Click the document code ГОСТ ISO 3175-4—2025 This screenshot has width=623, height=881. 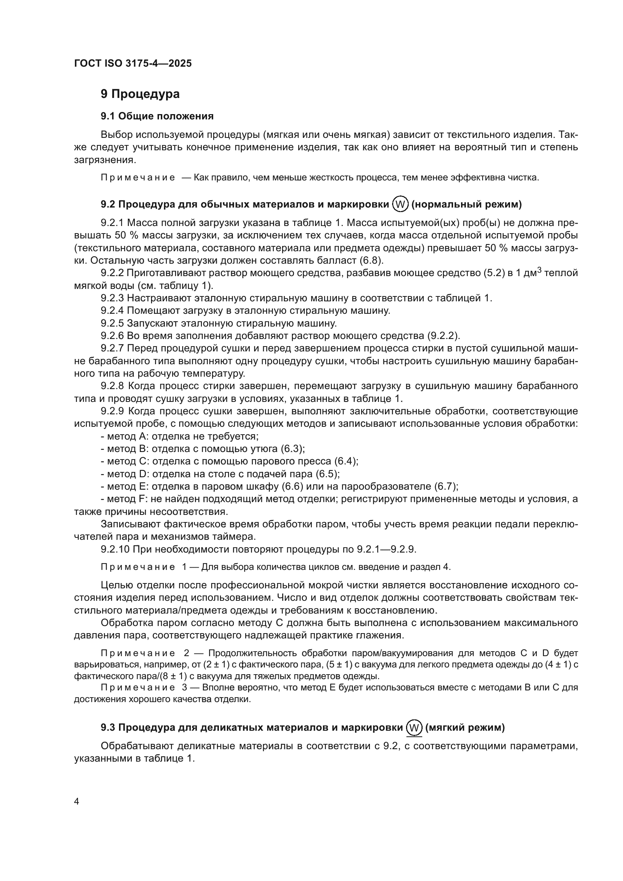(x=133, y=63)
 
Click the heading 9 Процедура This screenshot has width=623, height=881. (x=140, y=94)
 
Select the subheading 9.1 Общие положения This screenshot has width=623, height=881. (x=157, y=116)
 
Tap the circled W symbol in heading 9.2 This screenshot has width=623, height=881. (x=400, y=204)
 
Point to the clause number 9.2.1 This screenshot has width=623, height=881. (x=112, y=223)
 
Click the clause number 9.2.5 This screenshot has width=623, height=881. (x=112, y=323)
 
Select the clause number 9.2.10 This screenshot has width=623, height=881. (x=115, y=549)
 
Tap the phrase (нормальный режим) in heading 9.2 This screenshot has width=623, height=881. (x=466, y=204)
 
